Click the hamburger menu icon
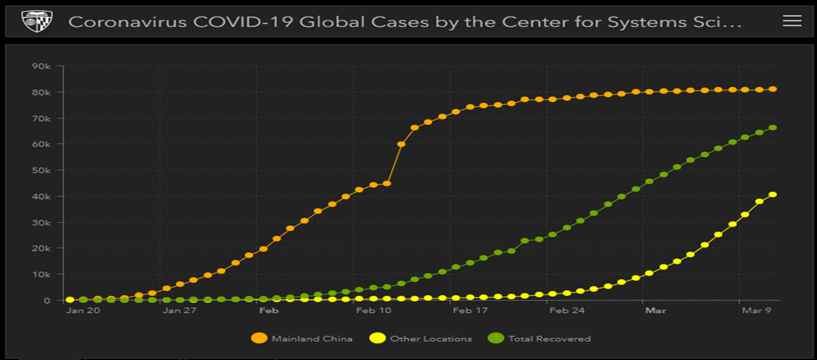click(x=791, y=21)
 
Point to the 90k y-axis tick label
click(x=41, y=66)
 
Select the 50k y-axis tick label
click(x=41, y=170)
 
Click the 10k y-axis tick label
click(x=41, y=274)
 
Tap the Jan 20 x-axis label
click(x=83, y=311)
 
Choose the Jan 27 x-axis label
click(x=179, y=311)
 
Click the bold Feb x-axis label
click(x=269, y=311)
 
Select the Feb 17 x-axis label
click(x=469, y=311)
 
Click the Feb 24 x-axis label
click(x=567, y=311)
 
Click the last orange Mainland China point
click(x=772, y=89)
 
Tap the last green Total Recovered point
click(x=772, y=128)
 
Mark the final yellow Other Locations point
click(x=772, y=194)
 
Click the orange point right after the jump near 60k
click(x=401, y=144)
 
